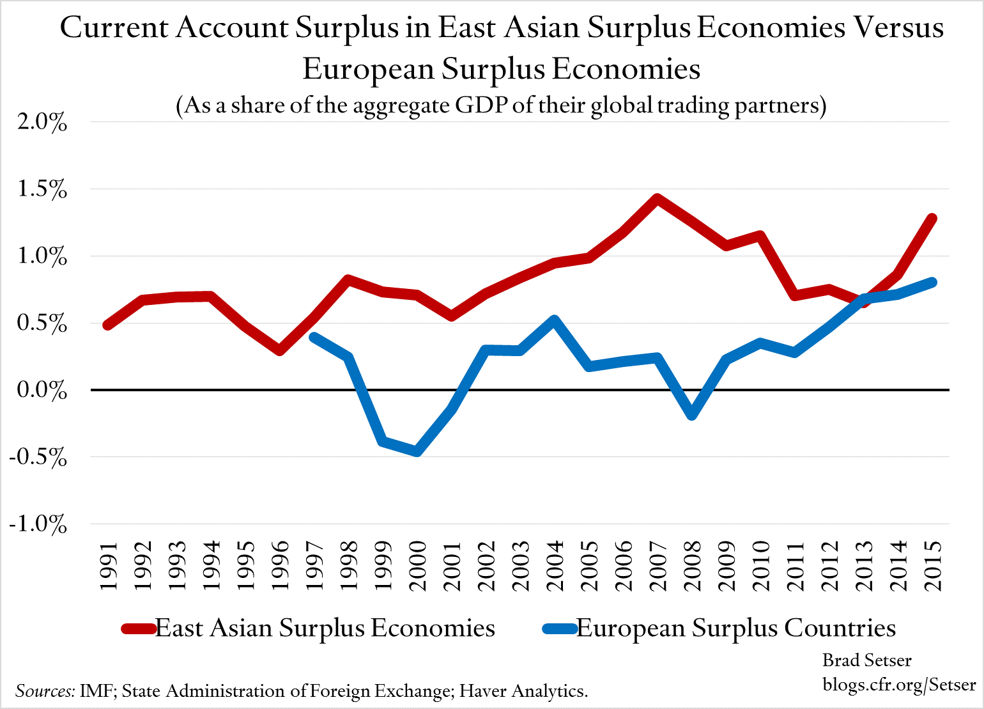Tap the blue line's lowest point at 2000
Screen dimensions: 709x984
coord(417,451)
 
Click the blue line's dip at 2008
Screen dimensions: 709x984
coord(691,415)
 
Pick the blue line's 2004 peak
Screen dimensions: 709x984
coord(554,320)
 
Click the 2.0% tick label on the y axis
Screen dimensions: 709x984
coord(42,122)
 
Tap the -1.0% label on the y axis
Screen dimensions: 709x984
coord(38,524)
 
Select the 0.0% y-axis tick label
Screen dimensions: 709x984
coord(42,390)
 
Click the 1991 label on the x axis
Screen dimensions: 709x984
coord(109,566)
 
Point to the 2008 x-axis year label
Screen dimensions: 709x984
coord(692,566)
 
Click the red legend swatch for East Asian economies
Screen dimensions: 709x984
coord(138,628)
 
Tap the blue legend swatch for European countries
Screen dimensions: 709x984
coord(560,628)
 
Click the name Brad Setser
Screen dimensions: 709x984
coord(866,660)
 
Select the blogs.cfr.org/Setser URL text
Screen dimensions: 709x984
coord(899,684)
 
